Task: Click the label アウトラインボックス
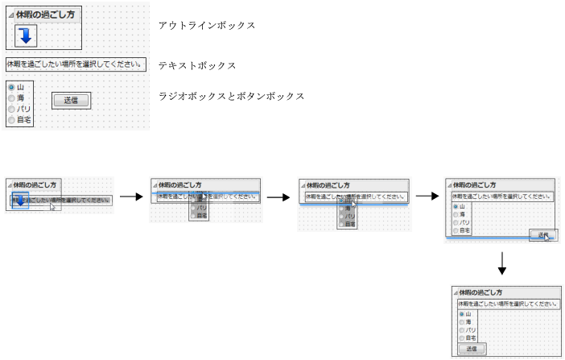point(207,26)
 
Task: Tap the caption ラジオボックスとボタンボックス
point(231,96)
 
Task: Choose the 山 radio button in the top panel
point(11,86)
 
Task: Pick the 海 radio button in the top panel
point(11,97)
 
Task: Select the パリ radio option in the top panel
point(11,108)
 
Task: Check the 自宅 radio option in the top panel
point(11,119)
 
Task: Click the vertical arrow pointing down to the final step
point(501,263)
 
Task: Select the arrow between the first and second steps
point(131,196)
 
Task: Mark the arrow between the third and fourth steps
point(427,196)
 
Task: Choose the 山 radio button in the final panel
point(462,314)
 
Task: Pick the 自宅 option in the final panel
point(462,338)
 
